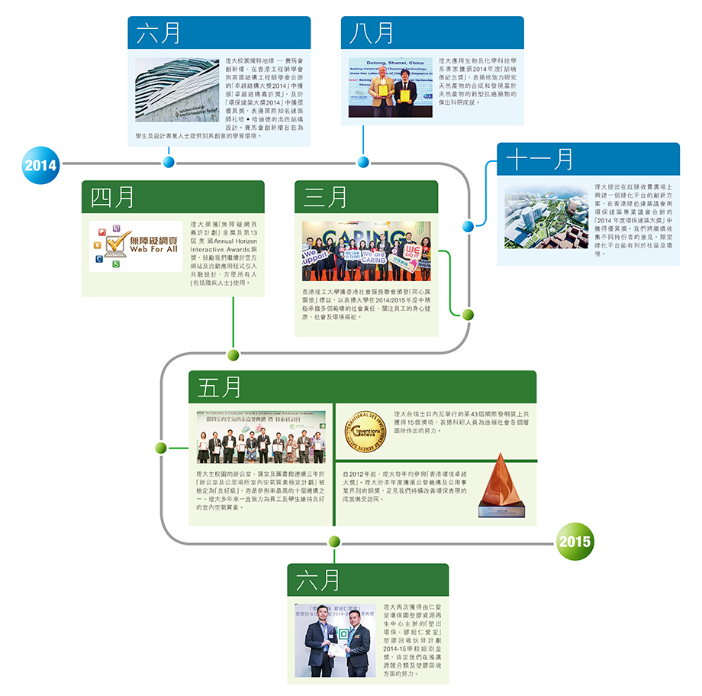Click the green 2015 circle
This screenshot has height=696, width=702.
575,542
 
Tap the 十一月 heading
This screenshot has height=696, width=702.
540,159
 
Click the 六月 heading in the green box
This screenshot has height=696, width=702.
318,580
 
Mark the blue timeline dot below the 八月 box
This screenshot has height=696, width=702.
363,162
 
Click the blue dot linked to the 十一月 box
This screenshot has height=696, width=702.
469,225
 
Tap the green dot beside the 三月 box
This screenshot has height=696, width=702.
468,314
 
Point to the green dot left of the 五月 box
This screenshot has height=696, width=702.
161,447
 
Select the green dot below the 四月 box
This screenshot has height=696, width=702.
233,354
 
